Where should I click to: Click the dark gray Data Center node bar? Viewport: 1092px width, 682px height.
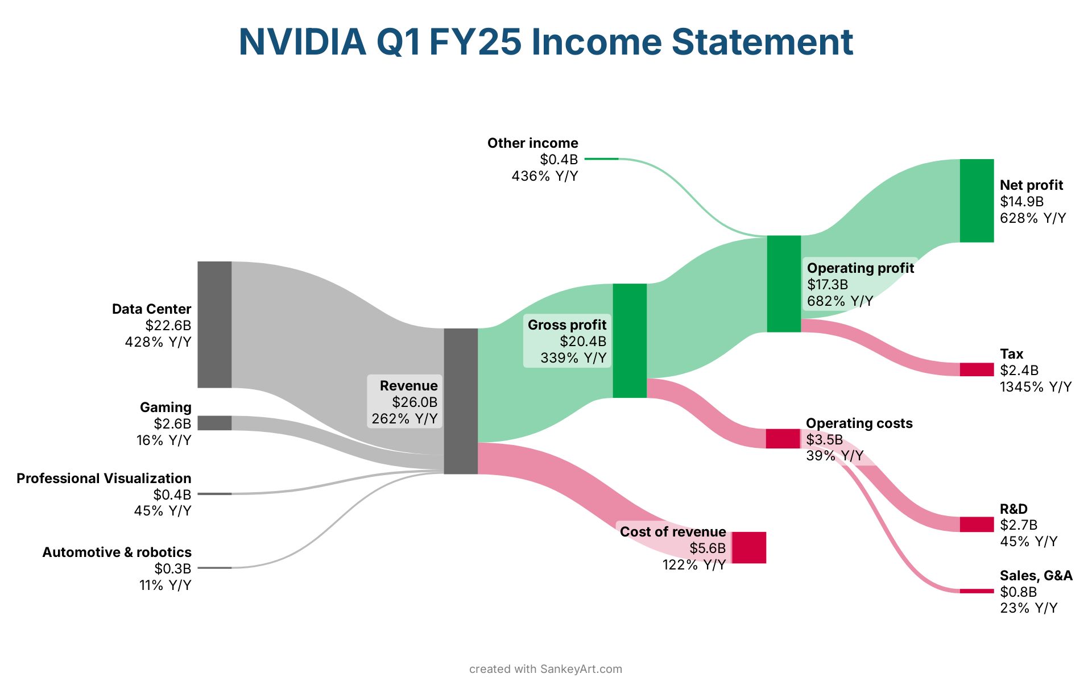(x=214, y=325)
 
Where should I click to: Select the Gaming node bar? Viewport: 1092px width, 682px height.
(x=214, y=423)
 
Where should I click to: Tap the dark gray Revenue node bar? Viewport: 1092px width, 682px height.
(x=461, y=401)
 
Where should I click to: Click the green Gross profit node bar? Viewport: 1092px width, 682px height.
(x=630, y=340)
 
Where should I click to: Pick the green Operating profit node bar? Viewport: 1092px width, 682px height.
(x=784, y=284)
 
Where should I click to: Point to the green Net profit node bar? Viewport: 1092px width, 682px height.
(x=977, y=201)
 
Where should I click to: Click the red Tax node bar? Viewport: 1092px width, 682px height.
(x=977, y=369)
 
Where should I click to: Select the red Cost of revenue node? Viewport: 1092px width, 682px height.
(x=749, y=547)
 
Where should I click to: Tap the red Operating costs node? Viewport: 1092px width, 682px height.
(x=783, y=439)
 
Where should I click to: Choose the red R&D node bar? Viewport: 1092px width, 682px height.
(x=977, y=525)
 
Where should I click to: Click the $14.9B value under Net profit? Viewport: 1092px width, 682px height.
(x=1021, y=202)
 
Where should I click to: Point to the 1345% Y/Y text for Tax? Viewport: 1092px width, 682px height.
(x=1036, y=387)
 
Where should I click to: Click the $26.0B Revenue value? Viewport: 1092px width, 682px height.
(x=415, y=402)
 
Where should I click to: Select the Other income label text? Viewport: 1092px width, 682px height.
(x=532, y=143)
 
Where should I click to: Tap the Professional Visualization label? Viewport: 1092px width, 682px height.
(x=104, y=479)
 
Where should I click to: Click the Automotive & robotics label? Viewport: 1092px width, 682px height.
(x=117, y=552)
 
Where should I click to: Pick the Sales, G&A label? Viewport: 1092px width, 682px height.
(x=1036, y=576)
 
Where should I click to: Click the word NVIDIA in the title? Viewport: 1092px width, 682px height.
(x=303, y=42)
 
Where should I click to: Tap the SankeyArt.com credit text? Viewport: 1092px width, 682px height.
(x=581, y=669)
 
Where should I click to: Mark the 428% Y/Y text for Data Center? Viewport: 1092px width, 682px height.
(x=158, y=342)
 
